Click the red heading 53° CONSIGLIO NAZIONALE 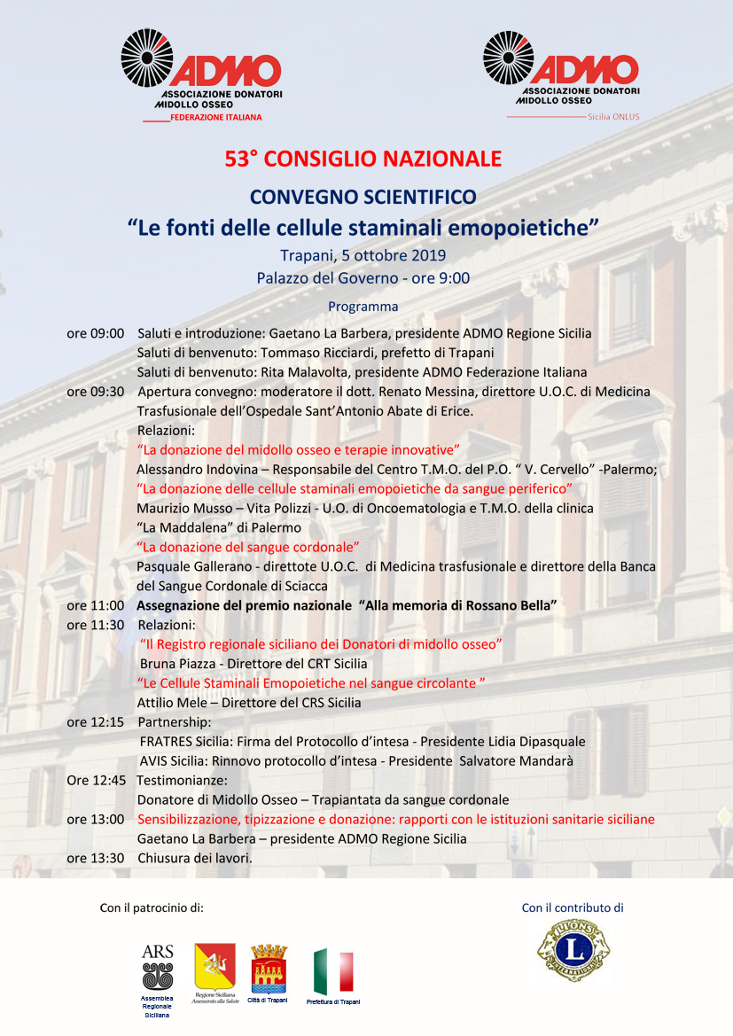tap(363, 160)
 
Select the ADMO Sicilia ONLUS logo tap(561, 74)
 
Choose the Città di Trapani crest tap(269, 970)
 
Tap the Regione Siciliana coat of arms tap(214, 968)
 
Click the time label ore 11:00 tap(95, 605)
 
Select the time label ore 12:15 tap(95, 722)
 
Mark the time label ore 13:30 tap(95, 858)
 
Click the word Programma tap(363, 307)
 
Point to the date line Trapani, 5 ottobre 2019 tap(363, 256)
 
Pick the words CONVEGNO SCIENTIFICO tap(363, 197)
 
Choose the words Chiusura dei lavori tap(195, 858)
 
